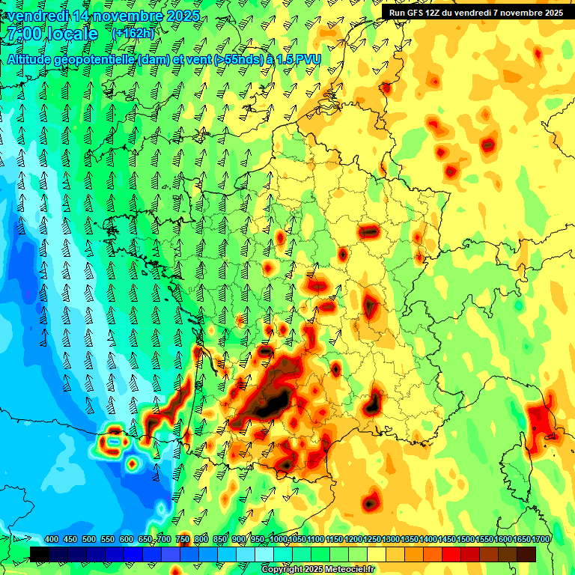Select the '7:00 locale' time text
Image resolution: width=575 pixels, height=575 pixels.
point(51,34)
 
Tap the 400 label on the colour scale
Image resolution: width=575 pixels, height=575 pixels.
point(52,540)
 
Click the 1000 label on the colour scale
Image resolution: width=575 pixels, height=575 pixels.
point(279,540)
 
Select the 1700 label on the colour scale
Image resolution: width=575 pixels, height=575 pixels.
point(541,540)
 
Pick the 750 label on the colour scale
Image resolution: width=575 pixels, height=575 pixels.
point(183,540)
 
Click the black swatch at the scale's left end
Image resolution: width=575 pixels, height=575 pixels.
point(40,554)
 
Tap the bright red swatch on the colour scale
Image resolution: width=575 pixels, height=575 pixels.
point(451,554)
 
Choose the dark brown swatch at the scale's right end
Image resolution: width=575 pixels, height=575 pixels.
point(526,554)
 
